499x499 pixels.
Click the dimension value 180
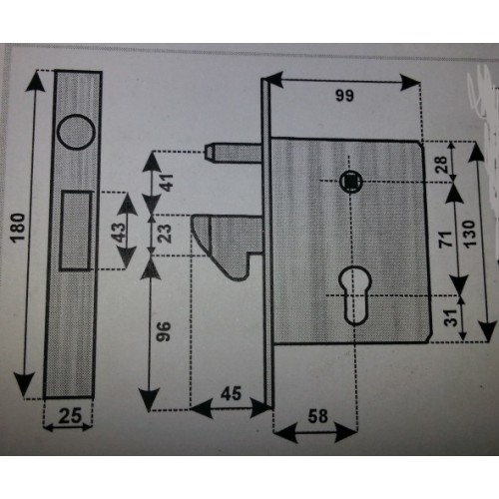(x=18, y=228)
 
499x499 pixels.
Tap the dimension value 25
(x=70, y=415)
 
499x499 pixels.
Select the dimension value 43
(x=118, y=232)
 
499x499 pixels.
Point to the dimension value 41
(x=168, y=183)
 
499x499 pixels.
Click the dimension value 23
(x=165, y=234)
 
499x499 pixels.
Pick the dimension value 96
(x=164, y=331)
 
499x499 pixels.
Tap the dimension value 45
(x=231, y=393)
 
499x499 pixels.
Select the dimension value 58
(x=317, y=416)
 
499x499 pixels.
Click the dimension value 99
(x=344, y=96)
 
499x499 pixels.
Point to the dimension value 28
(x=442, y=165)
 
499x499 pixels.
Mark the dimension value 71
(x=446, y=239)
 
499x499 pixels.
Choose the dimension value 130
(x=469, y=234)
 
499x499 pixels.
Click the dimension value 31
(x=450, y=317)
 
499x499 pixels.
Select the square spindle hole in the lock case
(x=351, y=182)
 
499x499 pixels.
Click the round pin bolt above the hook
(x=233, y=153)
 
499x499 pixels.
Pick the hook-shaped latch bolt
(x=228, y=247)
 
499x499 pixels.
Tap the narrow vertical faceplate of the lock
(x=267, y=243)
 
